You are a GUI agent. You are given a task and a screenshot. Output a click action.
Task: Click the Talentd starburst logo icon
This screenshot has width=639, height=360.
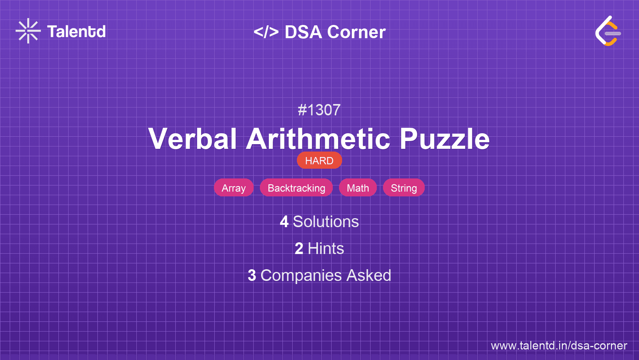point(28,31)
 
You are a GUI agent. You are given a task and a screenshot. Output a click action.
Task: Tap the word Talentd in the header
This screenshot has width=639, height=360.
point(76,31)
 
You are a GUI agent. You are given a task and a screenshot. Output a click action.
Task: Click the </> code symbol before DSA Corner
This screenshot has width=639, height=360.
point(266,32)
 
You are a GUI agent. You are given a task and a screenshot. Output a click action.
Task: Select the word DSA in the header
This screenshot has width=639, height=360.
point(303,32)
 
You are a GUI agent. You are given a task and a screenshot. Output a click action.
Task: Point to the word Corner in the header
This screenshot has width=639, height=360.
point(356,32)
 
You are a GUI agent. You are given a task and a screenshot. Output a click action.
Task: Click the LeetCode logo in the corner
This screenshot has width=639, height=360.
point(608,31)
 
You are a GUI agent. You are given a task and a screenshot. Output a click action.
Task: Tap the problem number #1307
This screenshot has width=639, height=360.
point(319,110)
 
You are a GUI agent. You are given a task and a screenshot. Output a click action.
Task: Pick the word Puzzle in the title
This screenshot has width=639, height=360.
point(445,139)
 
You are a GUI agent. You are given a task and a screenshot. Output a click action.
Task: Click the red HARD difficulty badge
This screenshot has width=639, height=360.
point(319,160)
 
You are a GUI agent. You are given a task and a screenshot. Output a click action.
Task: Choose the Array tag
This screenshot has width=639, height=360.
point(234,188)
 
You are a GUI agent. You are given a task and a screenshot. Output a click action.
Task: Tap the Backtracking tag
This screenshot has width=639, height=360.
point(297,188)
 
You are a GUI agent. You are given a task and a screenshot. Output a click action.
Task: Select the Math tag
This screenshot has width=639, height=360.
point(358,188)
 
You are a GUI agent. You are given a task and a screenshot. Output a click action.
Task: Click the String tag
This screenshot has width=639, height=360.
point(404,188)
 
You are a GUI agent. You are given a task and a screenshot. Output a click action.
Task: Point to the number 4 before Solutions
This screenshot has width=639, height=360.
point(284,222)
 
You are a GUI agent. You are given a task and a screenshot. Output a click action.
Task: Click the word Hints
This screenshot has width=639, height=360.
point(326,249)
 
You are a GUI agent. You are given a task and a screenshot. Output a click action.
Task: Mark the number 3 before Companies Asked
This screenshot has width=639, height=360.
point(252,275)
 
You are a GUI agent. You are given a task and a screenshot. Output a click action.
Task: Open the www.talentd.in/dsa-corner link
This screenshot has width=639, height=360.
point(559,346)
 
